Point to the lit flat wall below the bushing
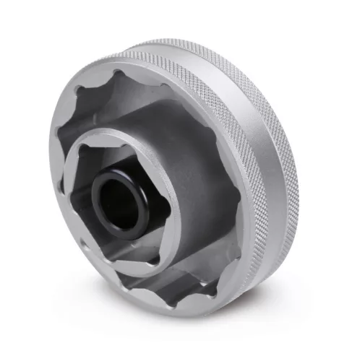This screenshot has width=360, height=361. click(x=145, y=242)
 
